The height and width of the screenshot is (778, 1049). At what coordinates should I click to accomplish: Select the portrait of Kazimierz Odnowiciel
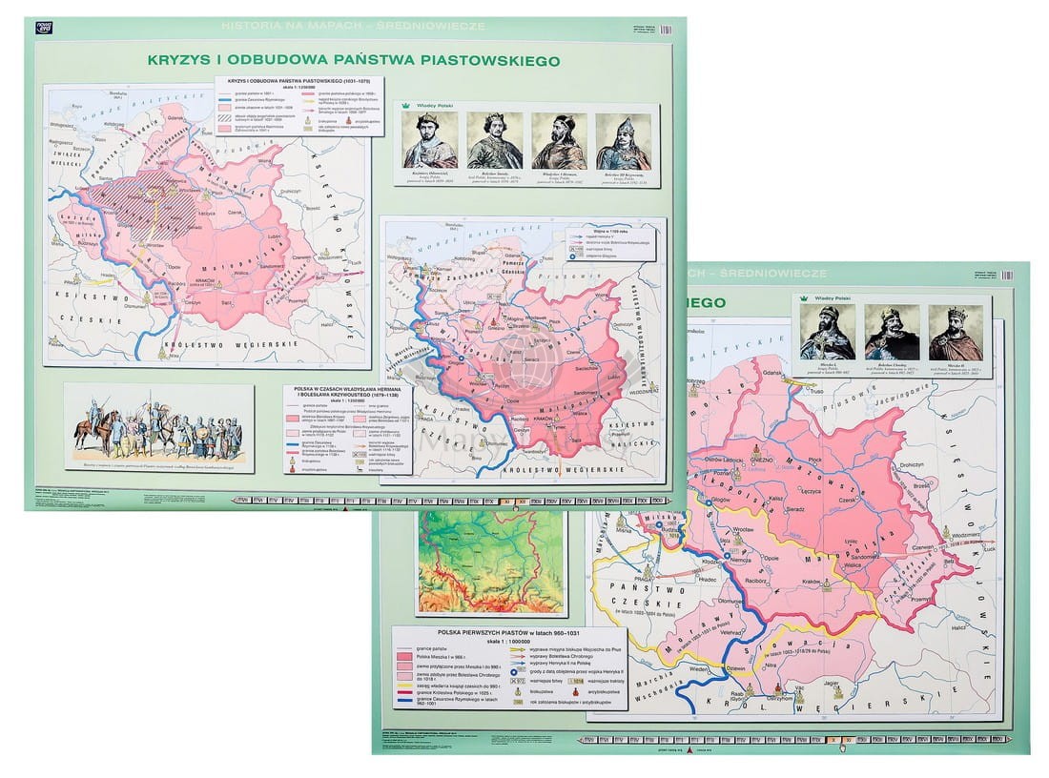[x=429, y=140]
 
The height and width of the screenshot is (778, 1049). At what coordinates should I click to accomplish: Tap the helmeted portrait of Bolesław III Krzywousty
[x=624, y=141]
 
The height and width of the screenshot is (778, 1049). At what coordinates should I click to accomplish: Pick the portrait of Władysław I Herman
[x=559, y=140]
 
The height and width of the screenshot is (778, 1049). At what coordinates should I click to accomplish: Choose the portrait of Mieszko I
[x=827, y=332]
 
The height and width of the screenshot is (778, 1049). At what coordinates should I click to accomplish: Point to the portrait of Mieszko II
[x=956, y=332]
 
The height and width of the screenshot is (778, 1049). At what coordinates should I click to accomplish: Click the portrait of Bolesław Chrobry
[x=892, y=332]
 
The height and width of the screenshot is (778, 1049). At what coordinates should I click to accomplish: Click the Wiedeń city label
[x=698, y=669]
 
